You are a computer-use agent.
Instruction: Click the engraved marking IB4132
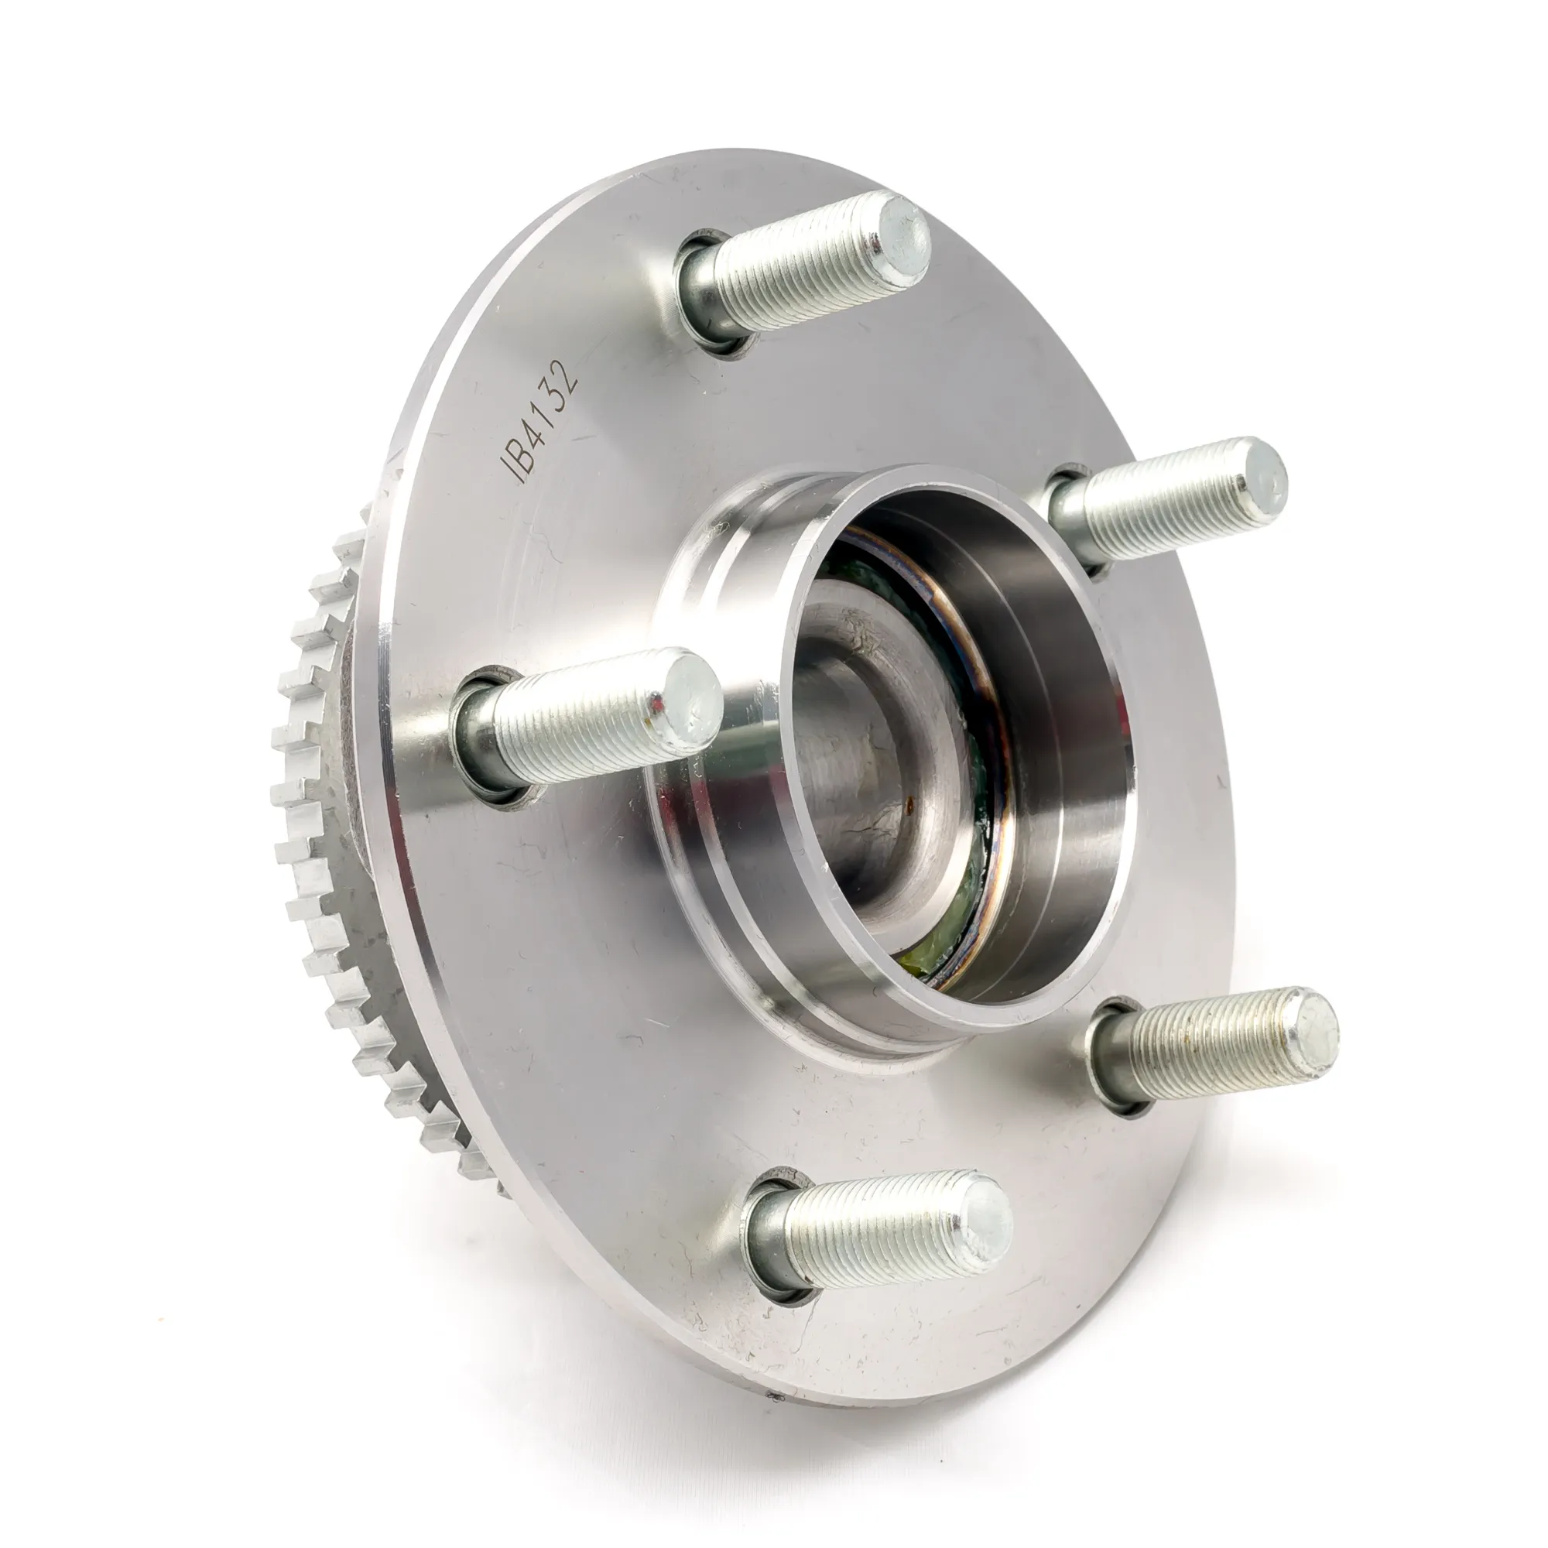coord(538,422)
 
